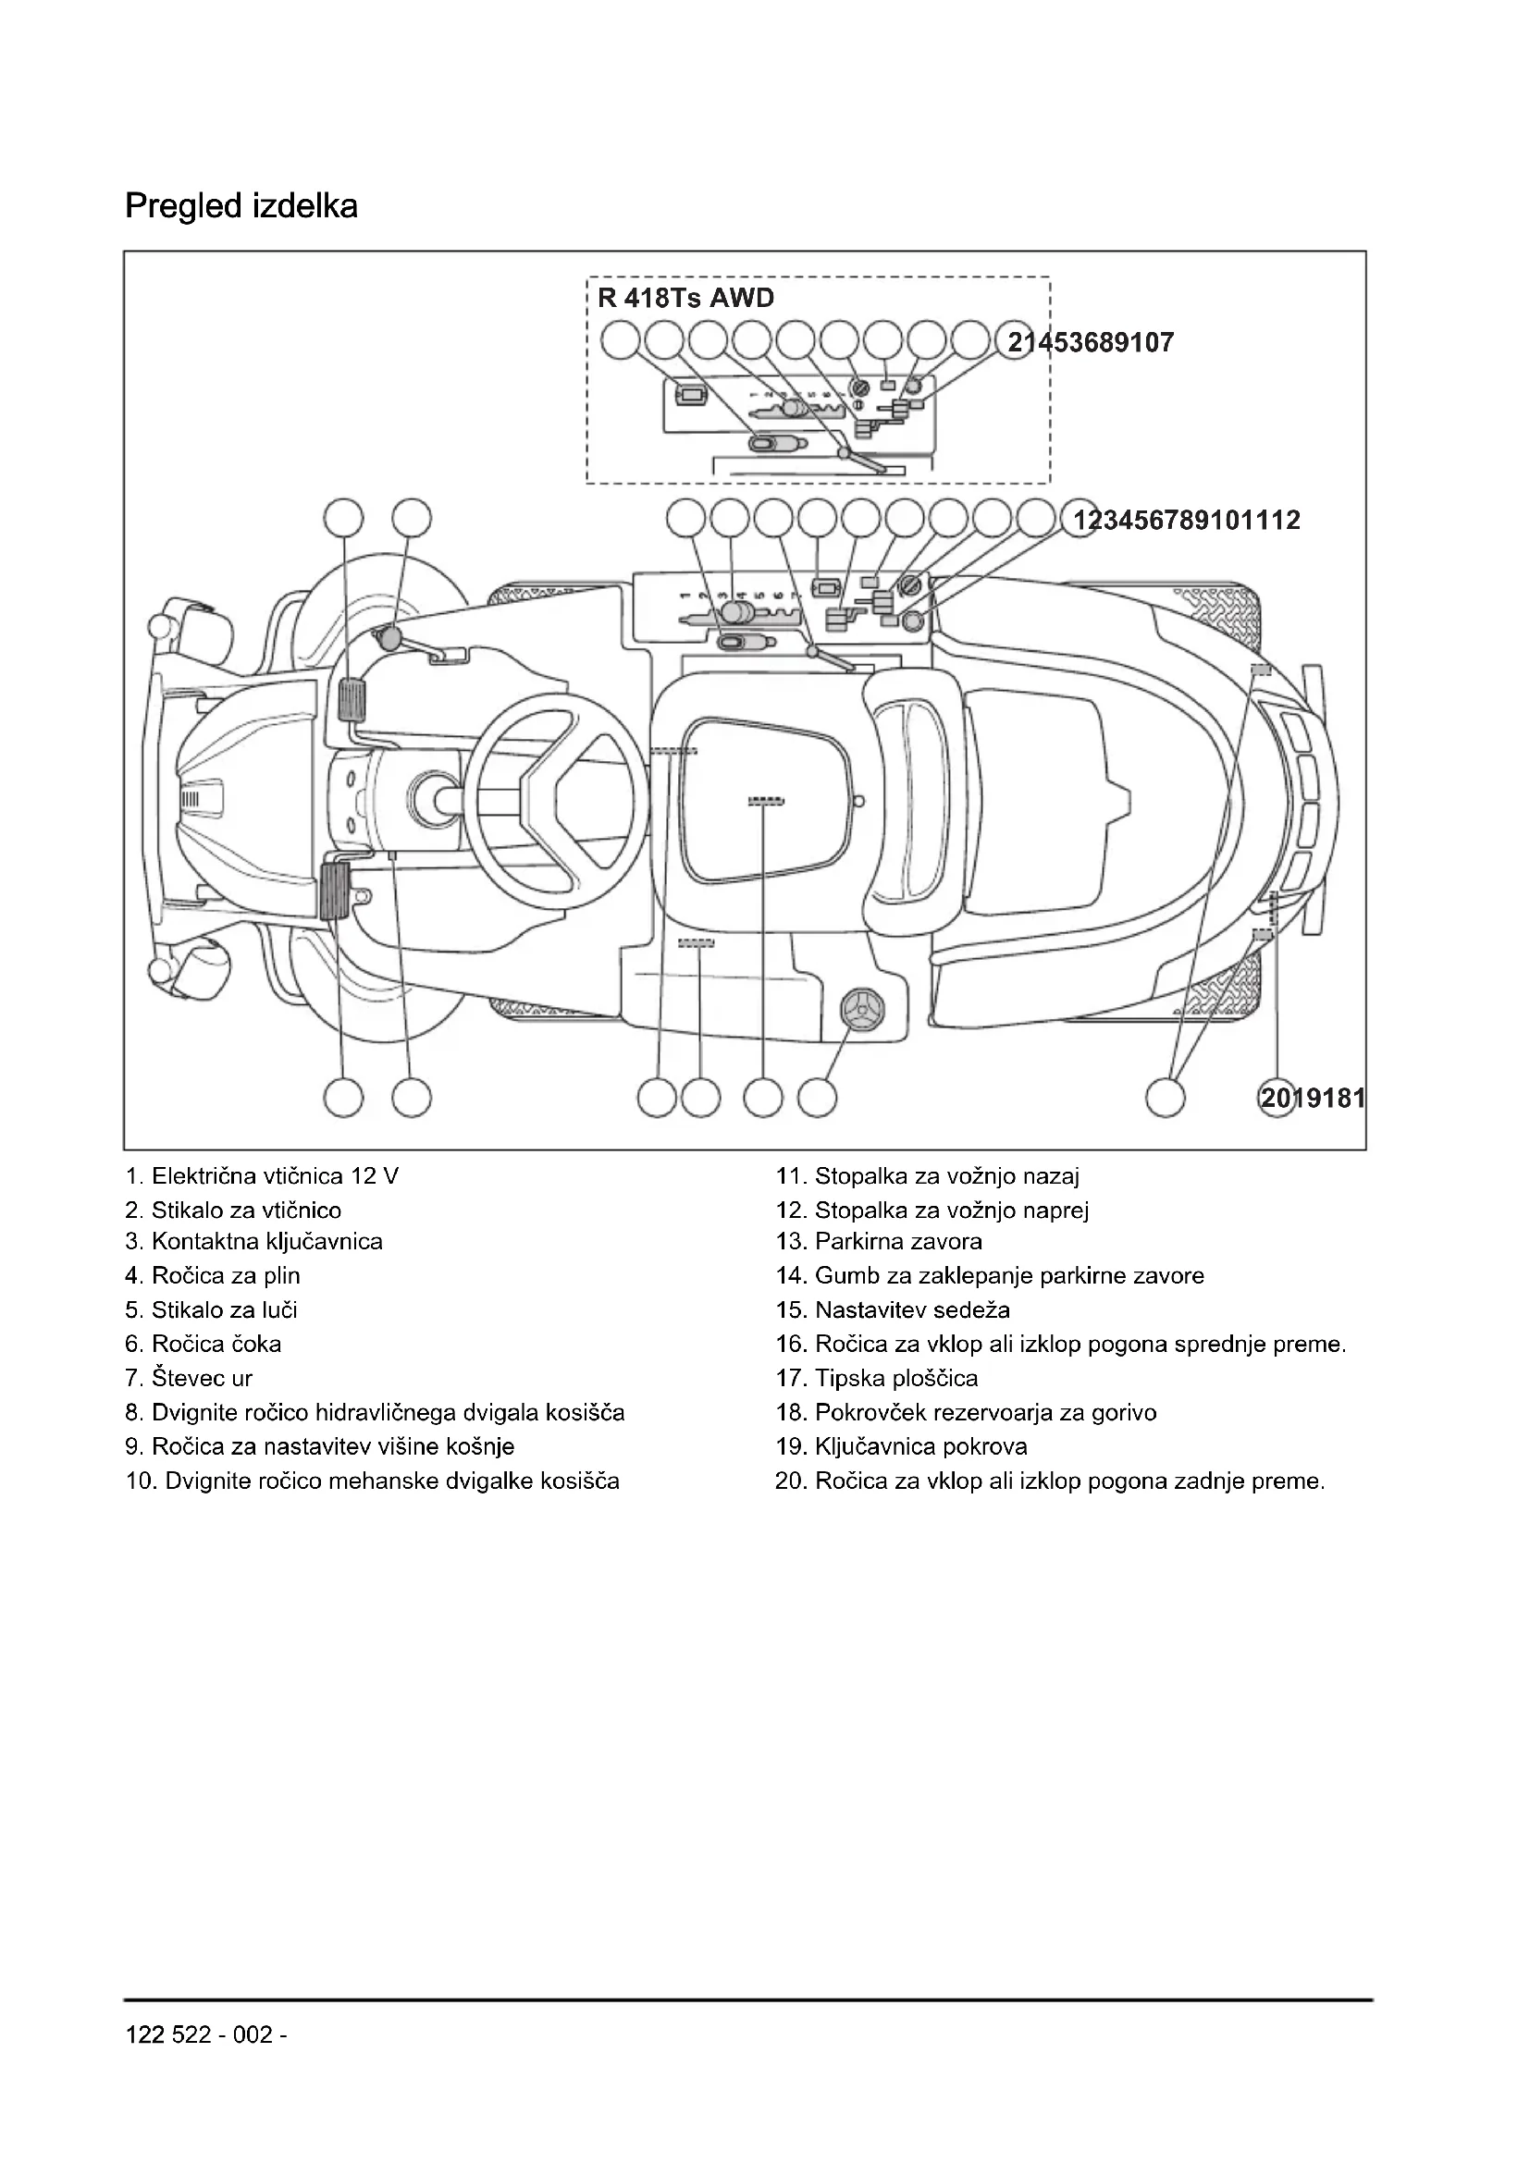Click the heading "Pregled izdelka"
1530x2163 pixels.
[x=241, y=206]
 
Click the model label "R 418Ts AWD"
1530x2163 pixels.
[x=685, y=299]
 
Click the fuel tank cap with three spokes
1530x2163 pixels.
[x=863, y=1011]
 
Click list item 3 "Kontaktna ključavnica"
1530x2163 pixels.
[x=254, y=1242]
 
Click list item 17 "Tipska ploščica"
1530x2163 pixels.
[x=876, y=1378]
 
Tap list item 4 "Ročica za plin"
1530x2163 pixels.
[x=213, y=1276]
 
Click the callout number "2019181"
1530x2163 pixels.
[x=1312, y=1098]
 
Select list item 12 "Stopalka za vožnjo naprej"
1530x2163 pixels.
[x=932, y=1211]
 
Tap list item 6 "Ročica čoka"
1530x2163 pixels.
[x=204, y=1345]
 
